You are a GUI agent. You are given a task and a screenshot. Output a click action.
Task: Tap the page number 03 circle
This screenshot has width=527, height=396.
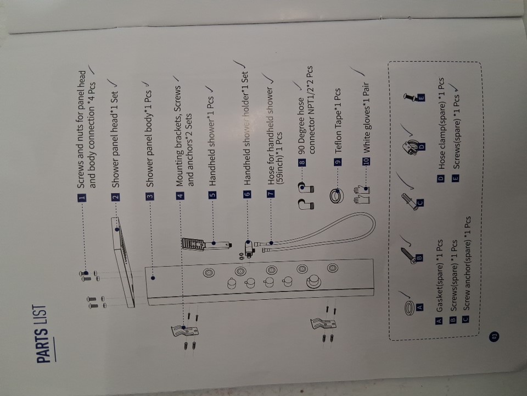[x=24, y=337]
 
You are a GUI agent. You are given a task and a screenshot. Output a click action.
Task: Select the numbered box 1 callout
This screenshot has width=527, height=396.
[x=82, y=197]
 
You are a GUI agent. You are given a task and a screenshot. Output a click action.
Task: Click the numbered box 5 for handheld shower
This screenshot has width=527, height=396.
[x=212, y=195]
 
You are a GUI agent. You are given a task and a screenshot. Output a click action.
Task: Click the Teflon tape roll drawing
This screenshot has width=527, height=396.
[x=337, y=196]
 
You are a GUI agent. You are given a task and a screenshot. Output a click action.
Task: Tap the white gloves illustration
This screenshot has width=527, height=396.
[x=362, y=195]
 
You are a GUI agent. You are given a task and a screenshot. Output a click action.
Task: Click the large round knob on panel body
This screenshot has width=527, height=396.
[x=313, y=282]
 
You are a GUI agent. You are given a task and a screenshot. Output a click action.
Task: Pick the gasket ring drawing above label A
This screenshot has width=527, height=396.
[x=410, y=308]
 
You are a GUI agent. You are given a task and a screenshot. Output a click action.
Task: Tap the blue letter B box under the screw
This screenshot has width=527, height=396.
[x=419, y=258]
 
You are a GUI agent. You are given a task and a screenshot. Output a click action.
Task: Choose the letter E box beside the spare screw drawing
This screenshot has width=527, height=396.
[x=421, y=98]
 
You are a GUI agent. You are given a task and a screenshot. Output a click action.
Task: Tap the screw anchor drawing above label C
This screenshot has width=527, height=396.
[x=410, y=201]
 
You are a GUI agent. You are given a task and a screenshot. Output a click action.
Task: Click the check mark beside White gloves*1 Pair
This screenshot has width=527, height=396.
[x=357, y=71]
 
